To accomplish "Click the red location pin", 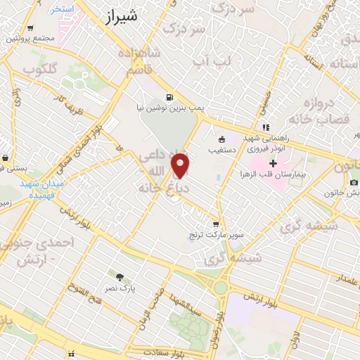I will click(x=181, y=165).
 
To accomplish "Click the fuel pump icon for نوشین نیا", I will click(x=169, y=97).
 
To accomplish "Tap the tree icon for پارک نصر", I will click(x=119, y=276).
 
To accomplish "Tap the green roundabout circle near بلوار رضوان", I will click(x=222, y=288).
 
